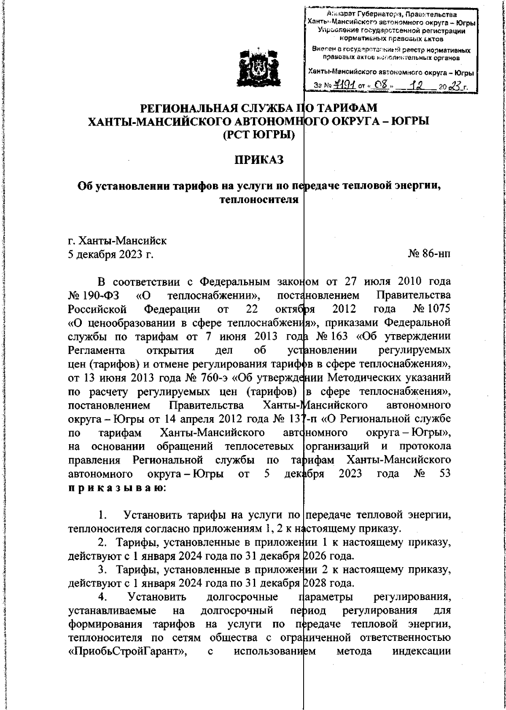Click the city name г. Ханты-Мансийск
coord(118,241)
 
